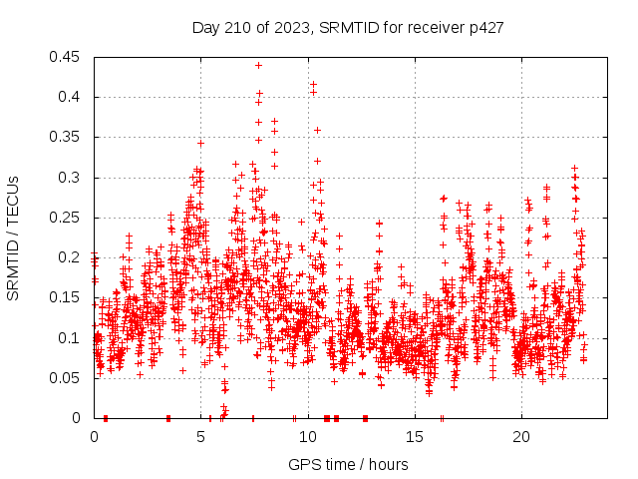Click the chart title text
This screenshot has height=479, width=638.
point(347,28)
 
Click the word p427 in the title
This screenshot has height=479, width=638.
point(483,28)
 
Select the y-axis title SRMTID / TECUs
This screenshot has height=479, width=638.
point(13,238)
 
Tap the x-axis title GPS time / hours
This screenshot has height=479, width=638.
point(347,464)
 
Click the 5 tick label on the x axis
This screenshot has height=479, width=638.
point(201,436)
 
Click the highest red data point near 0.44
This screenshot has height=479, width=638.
point(258,65)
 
